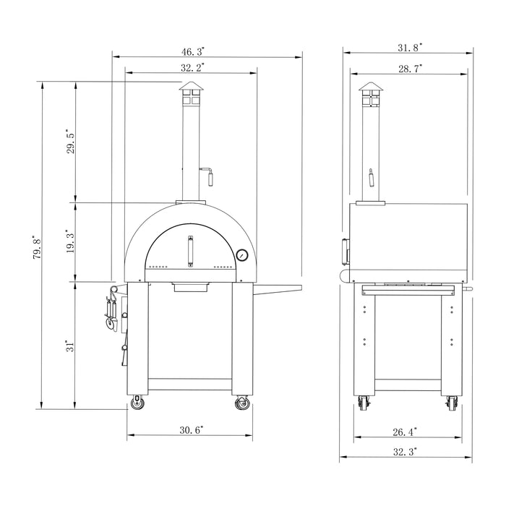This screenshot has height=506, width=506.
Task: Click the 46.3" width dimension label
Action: click(193, 51)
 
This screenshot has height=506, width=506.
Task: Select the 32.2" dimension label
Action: click(192, 67)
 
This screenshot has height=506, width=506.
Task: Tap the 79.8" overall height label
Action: click(36, 246)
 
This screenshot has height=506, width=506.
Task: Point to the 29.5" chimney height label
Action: click(70, 142)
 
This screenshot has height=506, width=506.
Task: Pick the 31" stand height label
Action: click(70, 346)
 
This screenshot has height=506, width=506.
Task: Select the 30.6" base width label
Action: click(192, 429)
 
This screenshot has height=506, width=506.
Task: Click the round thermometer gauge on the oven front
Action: click(242, 255)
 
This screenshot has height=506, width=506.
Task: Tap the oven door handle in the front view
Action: click(192, 252)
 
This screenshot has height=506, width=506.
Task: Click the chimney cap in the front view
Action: click(192, 90)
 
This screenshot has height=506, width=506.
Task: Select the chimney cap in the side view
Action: click(370, 90)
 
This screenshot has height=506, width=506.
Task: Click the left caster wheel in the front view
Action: click(137, 403)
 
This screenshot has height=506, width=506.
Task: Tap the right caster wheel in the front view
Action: click(242, 403)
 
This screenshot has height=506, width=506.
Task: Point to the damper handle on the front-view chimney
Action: click(209, 173)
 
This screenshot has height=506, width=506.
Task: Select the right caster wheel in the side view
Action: click(452, 403)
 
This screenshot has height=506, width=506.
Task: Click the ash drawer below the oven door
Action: click(192, 288)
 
